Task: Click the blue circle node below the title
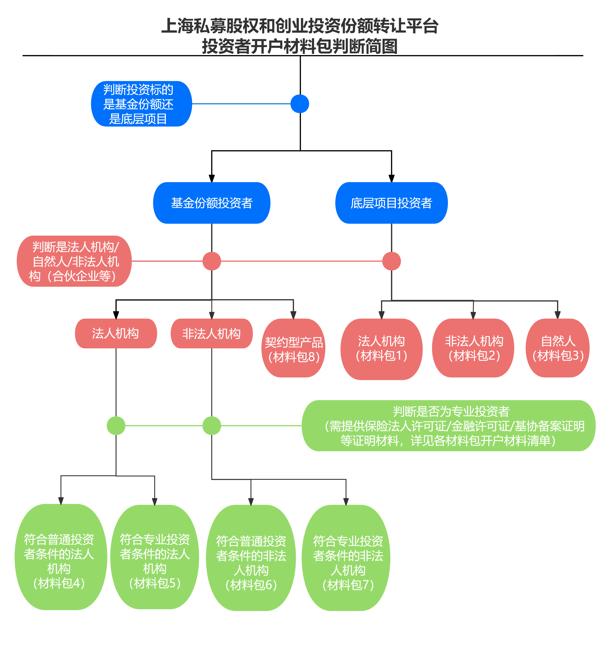pos(300,104)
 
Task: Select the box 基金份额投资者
pos(212,203)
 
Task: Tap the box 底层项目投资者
pos(391,203)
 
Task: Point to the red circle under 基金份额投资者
pos(212,261)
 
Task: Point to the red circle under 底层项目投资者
pos(391,261)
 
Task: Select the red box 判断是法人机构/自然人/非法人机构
pos(74,261)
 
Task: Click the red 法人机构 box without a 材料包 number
pos(116,333)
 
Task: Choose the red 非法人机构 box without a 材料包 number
pos(212,333)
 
